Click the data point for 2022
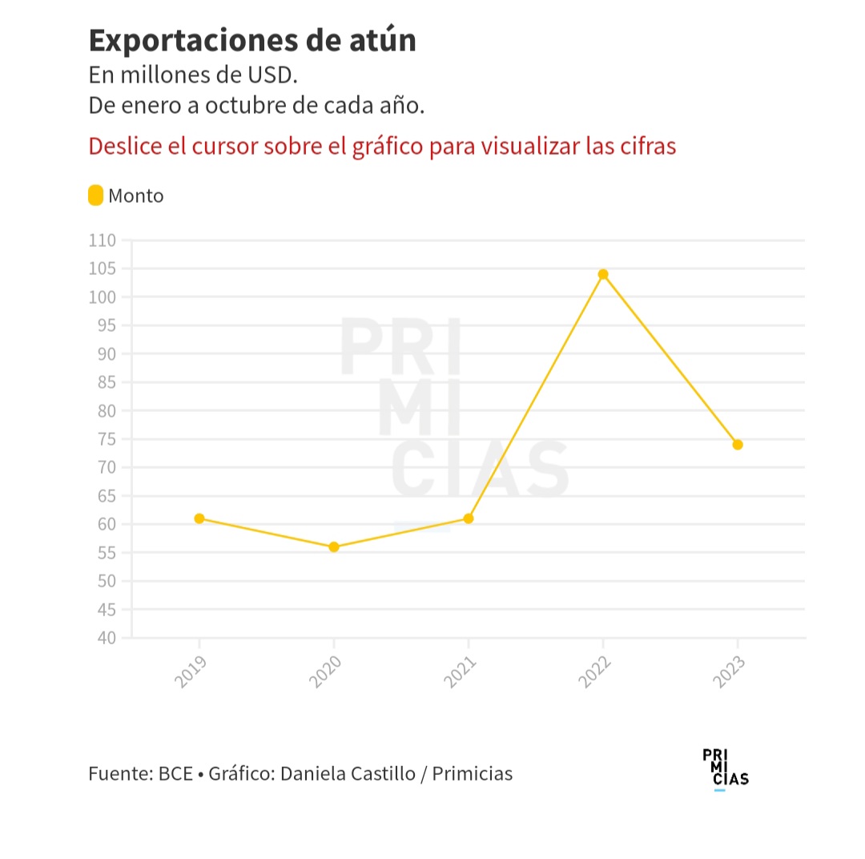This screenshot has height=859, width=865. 603,274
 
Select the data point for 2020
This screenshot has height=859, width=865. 334,547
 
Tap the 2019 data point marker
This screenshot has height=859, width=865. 199,518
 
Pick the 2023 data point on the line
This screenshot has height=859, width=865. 738,445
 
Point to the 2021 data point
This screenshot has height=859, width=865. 469,518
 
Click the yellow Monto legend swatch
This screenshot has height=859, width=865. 95,196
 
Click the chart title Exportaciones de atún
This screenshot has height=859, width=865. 252,40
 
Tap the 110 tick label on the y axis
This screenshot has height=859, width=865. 102,240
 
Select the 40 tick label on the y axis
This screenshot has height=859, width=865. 107,638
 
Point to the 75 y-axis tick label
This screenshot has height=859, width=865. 107,439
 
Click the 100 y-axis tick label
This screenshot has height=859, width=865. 102,297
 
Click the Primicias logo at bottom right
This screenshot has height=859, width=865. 725,769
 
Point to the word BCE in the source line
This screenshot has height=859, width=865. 175,774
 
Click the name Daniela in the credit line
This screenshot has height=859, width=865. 312,774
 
